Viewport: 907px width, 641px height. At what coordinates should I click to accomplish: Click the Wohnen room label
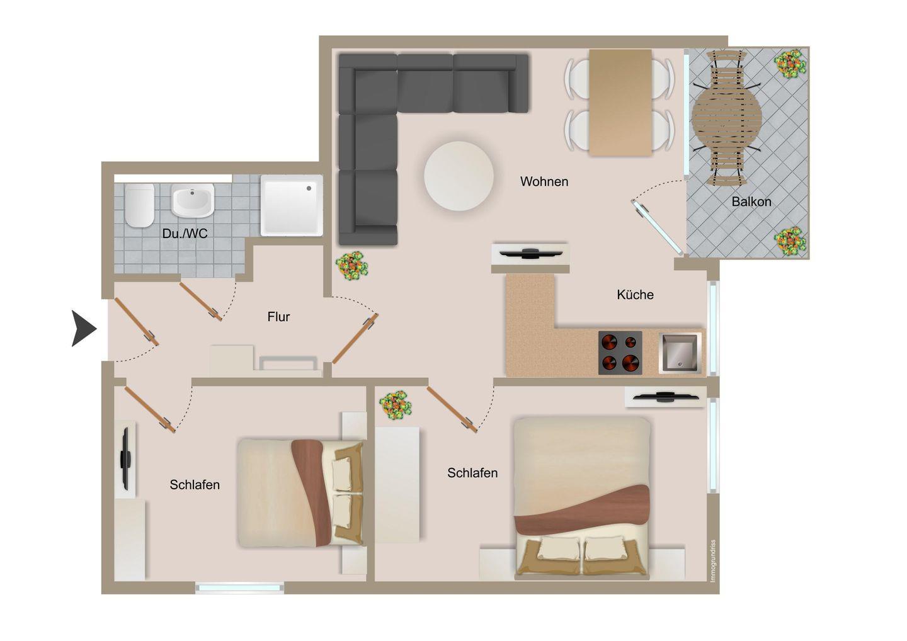(x=544, y=181)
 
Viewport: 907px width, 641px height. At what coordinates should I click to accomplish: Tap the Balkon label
(x=751, y=201)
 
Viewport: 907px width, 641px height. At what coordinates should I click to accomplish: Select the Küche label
(x=635, y=295)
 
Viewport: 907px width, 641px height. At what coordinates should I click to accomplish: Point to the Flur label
(x=278, y=317)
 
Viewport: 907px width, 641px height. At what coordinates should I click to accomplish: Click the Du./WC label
(x=185, y=234)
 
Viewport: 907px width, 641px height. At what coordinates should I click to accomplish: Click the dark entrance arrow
(x=84, y=328)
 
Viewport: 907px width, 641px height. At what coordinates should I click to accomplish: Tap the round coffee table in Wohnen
(x=459, y=176)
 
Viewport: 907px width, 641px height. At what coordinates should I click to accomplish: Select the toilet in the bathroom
(x=139, y=205)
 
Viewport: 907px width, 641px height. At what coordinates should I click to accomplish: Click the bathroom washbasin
(x=192, y=200)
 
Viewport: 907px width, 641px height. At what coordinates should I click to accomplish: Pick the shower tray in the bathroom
(x=292, y=205)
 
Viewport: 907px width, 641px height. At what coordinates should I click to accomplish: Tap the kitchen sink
(x=680, y=353)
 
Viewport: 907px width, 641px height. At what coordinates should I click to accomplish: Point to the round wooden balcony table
(x=726, y=116)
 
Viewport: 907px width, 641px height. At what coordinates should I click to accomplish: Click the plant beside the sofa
(x=352, y=266)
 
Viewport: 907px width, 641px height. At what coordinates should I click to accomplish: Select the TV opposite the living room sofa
(x=530, y=254)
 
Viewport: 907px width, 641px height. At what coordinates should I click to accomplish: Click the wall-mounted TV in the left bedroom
(x=125, y=458)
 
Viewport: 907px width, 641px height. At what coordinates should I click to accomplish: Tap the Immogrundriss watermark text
(x=713, y=561)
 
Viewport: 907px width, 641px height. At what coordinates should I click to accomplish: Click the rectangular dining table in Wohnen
(x=620, y=103)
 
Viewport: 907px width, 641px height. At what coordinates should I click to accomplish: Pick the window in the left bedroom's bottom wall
(x=240, y=587)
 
